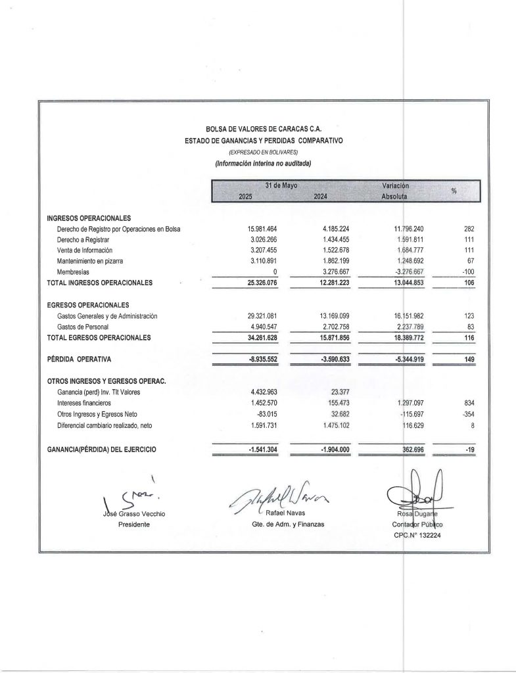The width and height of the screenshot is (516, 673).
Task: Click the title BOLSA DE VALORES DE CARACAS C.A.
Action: (x=264, y=130)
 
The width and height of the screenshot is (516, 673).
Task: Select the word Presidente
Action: (x=131, y=524)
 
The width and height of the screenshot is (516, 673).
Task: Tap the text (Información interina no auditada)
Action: (x=263, y=162)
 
